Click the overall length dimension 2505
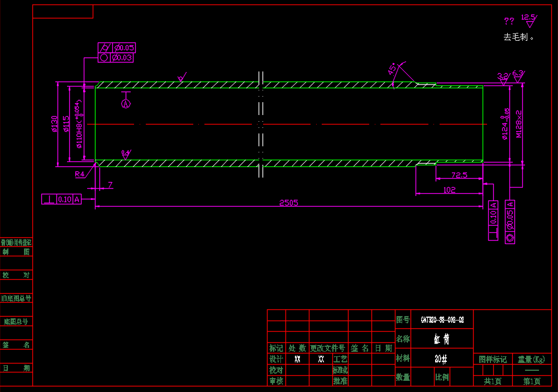[289, 203]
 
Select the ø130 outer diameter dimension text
[55, 124]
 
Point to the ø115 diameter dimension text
[66, 124]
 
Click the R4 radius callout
[80, 174]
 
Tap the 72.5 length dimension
[459, 175]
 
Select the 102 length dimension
[449, 190]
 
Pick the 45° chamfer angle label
[393, 69]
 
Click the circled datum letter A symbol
[126, 103]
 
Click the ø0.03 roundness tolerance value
[122, 58]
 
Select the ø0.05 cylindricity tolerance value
[122, 48]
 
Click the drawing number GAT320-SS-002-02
[442, 320]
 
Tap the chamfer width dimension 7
[110, 185]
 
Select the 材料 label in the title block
[403, 358]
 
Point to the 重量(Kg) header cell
[531, 359]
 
